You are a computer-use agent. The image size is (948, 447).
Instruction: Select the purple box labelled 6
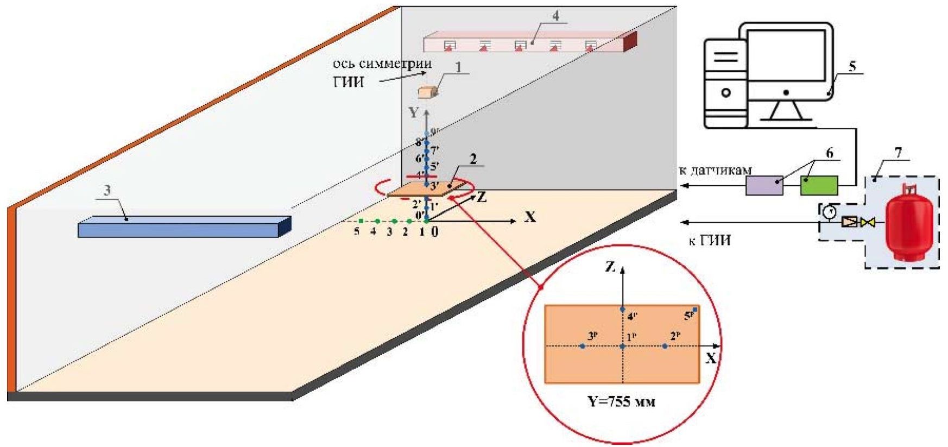(764, 186)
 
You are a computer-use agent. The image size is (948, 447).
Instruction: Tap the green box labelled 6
(819, 185)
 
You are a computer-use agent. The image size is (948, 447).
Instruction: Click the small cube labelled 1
(428, 92)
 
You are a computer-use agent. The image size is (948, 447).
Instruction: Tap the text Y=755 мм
(622, 403)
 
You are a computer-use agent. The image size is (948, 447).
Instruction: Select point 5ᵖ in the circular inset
(695, 310)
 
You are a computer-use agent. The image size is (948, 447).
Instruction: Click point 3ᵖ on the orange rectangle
(583, 346)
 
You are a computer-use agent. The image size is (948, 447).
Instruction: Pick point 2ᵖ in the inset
(665, 346)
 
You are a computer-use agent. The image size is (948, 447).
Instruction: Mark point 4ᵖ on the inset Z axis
(623, 309)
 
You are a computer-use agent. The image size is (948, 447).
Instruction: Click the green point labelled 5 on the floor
(361, 221)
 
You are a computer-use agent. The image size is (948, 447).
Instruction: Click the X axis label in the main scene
(530, 218)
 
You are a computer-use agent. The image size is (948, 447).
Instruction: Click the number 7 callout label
(898, 153)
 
